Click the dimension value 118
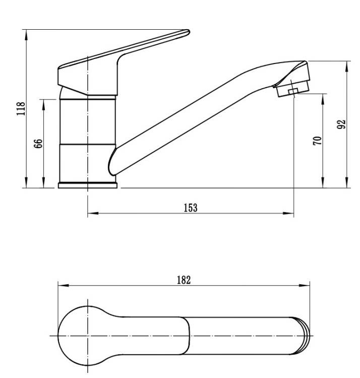pos(21,108)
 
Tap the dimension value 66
pos(39,144)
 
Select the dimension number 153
pos(191,208)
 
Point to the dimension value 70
pos(317,141)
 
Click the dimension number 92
pos(341,124)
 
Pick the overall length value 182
pos(184,280)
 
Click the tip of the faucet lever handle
pos(188,32)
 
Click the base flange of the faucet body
pos(88,185)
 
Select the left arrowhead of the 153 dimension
pos(93,213)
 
